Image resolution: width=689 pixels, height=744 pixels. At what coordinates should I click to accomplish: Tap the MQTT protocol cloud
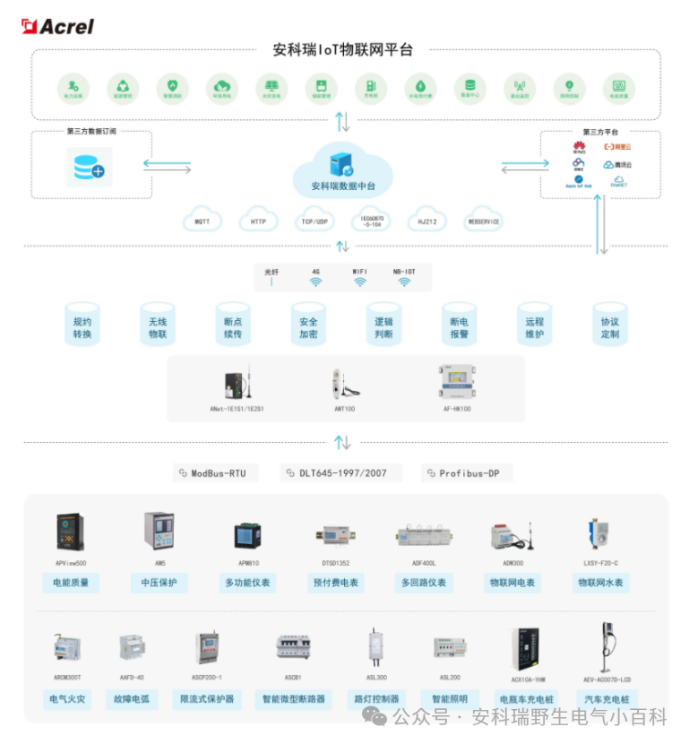tap(202, 221)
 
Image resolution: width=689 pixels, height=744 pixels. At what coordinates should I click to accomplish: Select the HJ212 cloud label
tap(427, 221)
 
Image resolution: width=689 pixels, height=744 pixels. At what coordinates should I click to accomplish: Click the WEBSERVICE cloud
tap(484, 221)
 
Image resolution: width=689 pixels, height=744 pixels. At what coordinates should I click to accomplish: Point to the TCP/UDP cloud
tap(315, 221)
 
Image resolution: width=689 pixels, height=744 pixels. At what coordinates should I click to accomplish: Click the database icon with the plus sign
tap(87, 167)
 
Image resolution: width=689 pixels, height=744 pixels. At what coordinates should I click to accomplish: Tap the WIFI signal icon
tap(359, 281)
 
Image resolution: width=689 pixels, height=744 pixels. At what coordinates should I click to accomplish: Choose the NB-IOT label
tap(404, 270)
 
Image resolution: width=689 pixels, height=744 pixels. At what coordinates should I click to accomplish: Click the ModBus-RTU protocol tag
tap(212, 472)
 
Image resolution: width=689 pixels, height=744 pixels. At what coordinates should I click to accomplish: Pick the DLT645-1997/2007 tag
tap(337, 472)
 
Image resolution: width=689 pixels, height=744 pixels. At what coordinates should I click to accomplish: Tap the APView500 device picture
tap(71, 532)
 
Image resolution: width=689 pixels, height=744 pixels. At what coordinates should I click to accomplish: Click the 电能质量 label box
tap(71, 583)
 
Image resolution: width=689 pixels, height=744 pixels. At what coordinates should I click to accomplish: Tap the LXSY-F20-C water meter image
tap(600, 533)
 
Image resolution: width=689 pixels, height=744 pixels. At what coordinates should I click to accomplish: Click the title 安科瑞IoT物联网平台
tap(343, 50)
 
